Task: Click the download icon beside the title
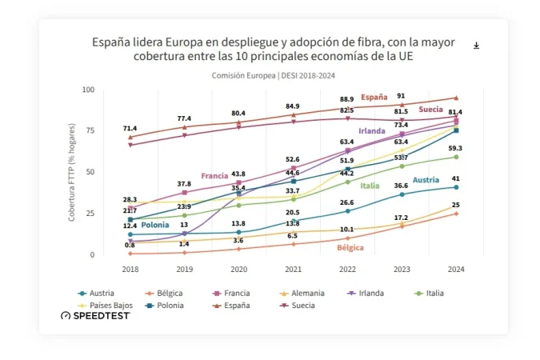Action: [x=476, y=46]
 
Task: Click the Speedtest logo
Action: [x=95, y=315]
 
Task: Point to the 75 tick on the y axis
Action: [x=88, y=130]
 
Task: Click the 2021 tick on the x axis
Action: [x=293, y=270]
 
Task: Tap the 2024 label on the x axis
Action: [x=456, y=270]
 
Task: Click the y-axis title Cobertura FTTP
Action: [x=71, y=172]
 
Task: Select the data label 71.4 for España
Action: [x=130, y=128]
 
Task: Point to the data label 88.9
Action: [x=347, y=98]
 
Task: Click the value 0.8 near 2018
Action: [x=130, y=245]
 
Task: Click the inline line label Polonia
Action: [x=155, y=225]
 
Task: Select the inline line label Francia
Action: [x=214, y=175]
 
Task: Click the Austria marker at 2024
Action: [x=456, y=187]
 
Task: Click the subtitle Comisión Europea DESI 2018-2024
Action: [x=272, y=76]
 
